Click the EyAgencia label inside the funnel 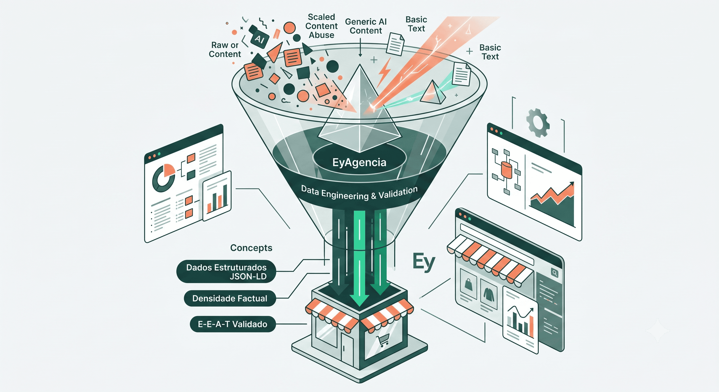359,162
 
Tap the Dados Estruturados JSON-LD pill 226,272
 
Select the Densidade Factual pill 230,299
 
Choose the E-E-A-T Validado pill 233,324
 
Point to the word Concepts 251,248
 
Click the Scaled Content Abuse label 321,26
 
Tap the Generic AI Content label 366,26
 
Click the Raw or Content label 225,50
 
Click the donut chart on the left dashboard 164,178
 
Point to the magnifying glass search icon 555,273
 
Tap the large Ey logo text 424,262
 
